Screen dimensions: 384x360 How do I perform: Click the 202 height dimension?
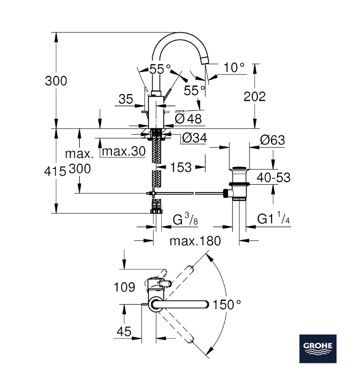point(255,96)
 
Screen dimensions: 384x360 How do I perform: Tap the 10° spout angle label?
point(234,68)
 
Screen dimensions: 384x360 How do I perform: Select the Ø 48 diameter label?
point(189,118)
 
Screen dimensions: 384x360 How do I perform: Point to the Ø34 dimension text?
point(194,139)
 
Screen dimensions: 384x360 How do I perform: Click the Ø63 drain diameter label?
point(272,140)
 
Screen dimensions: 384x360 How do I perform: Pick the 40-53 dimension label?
point(274,178)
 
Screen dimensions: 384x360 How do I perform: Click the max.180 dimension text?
point(195,241)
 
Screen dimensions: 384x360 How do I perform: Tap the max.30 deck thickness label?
point(124,152)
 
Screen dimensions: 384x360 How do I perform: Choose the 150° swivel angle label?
point(227,304)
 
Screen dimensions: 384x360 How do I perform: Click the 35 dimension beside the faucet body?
point(125,99)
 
